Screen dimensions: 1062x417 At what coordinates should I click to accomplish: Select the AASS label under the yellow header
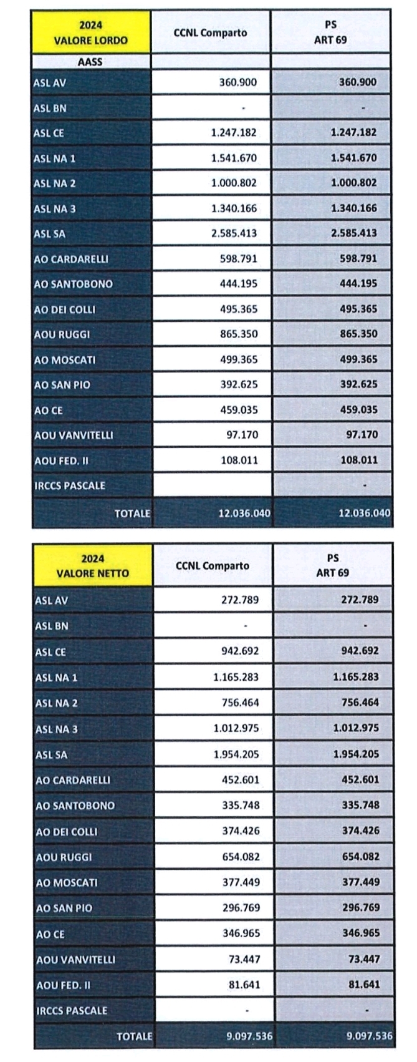[90, 62]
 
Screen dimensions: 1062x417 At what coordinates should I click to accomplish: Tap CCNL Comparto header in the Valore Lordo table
[210, 32]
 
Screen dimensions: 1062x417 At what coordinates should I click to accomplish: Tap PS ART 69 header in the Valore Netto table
[332, 565]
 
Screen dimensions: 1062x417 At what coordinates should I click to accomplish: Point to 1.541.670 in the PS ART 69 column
[354, 158]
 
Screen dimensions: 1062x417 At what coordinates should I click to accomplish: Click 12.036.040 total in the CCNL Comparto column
[244, 513]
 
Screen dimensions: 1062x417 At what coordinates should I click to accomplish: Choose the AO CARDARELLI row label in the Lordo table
[72, 258]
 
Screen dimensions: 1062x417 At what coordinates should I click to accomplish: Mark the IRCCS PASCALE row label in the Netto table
[71, 1010]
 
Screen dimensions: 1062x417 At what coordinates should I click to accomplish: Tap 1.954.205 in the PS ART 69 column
[356, 754]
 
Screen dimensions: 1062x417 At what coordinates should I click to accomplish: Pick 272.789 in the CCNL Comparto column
[240, 600]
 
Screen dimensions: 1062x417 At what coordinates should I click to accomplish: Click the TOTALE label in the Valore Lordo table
[132, 514]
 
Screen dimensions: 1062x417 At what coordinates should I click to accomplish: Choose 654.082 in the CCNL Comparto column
[240, 857]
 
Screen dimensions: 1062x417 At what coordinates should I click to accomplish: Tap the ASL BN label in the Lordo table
[50, 108]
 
